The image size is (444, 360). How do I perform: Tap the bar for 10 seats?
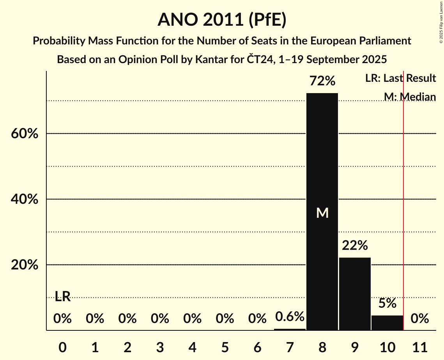tap(387, 323)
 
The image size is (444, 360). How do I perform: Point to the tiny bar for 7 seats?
tap(290, 329)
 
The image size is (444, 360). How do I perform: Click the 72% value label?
tap(322, 81)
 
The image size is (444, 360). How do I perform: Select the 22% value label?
tap(355, 245)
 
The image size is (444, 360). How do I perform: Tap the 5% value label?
tap(387, 303)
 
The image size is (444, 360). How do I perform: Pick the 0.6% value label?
tap(290, 317)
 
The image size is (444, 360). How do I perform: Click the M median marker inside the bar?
tap(322, 213)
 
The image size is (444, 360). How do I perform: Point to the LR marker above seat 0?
tap(62, 296)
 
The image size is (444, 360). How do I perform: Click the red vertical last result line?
tap(403, 195)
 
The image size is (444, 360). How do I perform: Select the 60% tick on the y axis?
tap(24, 134)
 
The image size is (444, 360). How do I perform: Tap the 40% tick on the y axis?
tap(24, 199)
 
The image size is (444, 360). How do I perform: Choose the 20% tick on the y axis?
tap(24, 265)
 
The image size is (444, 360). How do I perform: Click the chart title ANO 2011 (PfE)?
tap(222, 20)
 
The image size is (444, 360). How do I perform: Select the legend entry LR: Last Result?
tap(400, 78)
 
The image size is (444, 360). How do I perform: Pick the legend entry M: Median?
tap(410, 97)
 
